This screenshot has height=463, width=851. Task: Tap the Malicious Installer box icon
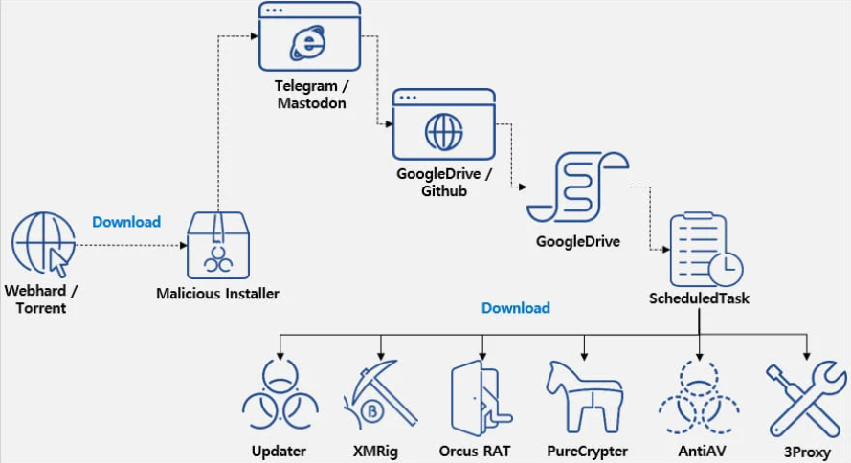click(218, 243)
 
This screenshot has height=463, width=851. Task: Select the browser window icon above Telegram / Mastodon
click(309, 37)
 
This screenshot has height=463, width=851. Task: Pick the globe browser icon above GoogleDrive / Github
click(443, 125)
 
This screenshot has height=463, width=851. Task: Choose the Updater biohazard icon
click(280, 396)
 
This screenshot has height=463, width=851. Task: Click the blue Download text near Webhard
click(126, 222)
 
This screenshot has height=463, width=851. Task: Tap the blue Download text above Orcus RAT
click(516, 308)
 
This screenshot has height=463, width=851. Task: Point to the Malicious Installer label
click(218, 294)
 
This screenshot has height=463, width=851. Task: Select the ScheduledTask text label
click(700, 298)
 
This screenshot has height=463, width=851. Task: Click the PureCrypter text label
click(587, 450)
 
